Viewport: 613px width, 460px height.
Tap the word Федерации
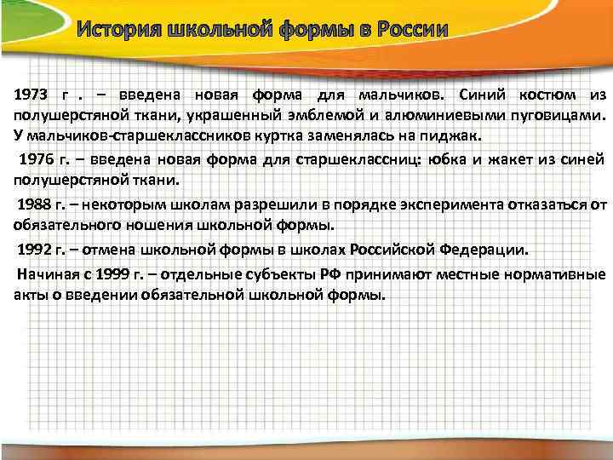pyautogui.click(x=484, y=252)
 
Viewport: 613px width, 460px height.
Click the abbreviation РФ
pyautogui.click(x=332, y=274)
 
